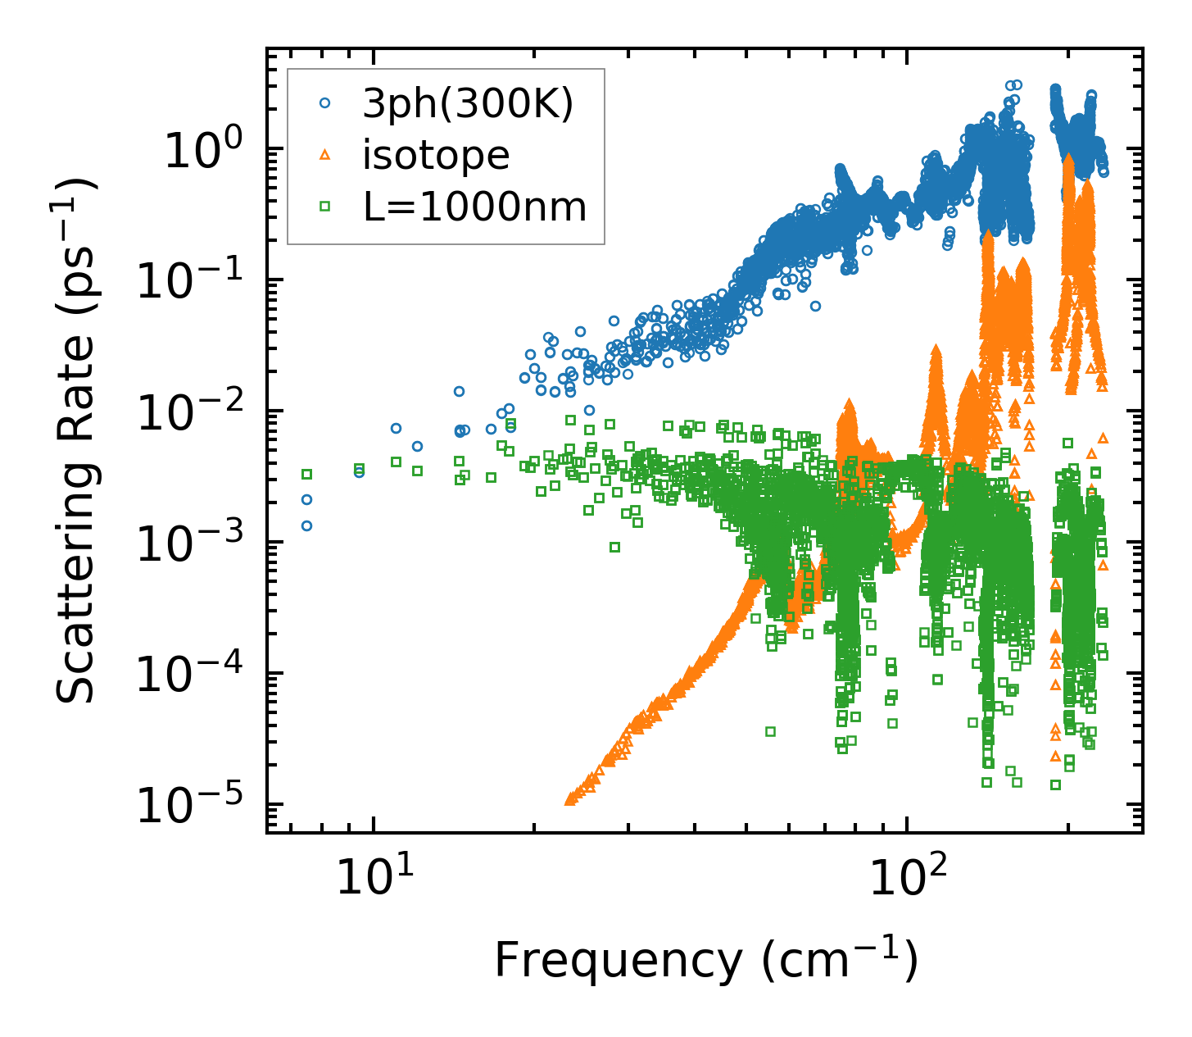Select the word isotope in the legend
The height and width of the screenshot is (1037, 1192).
point(436,155)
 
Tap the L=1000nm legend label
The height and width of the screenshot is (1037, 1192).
point(475,207)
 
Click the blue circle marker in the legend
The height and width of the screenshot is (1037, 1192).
point(325,103)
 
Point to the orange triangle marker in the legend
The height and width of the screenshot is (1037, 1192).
point(325,155)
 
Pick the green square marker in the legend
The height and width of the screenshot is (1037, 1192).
point(325,207)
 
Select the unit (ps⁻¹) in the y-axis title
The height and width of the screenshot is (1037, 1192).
point(76,230)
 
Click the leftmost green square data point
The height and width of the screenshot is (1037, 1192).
point(307,474)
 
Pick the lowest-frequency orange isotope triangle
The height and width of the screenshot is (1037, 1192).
point(570,799)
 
